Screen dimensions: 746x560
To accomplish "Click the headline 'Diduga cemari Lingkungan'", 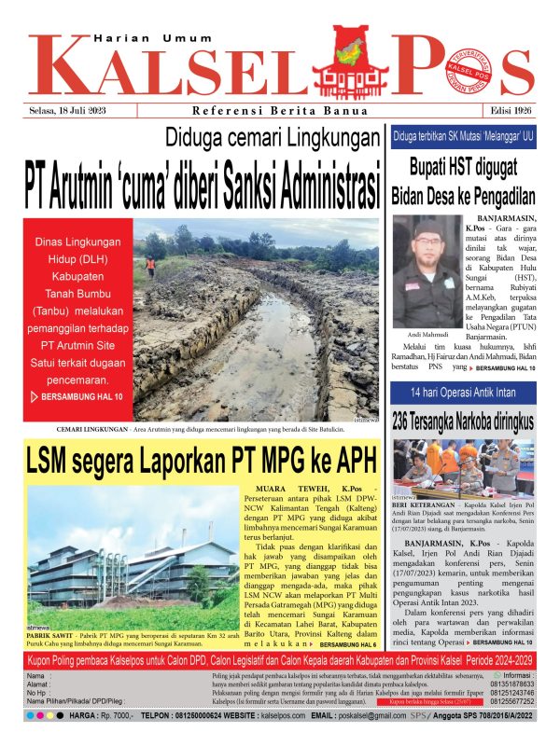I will pos(271,138).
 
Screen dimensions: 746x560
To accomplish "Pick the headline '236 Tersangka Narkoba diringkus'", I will pos(469,421).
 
